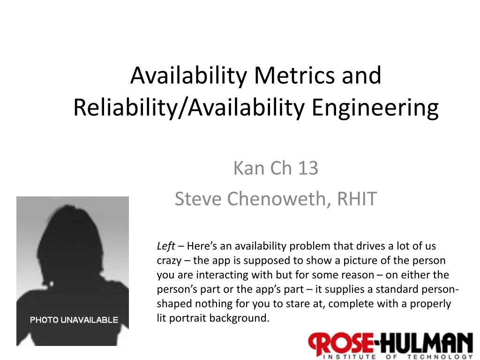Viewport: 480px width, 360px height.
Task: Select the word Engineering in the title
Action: pos(375,107)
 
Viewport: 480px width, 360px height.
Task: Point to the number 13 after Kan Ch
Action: pos(307,168)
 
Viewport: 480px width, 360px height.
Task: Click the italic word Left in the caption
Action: pos(165,246)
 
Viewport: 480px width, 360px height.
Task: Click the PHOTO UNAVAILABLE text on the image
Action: pos(74,320)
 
